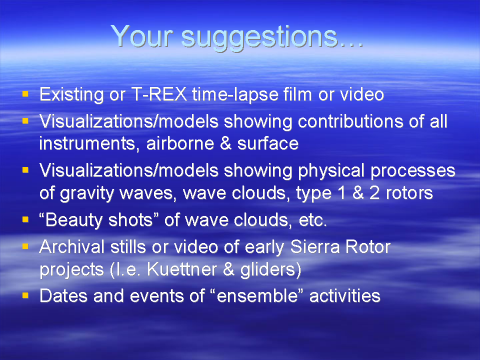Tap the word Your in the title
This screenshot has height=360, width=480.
click(142, 36)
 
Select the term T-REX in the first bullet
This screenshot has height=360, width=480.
click(159, 94)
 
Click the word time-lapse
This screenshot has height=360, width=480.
click(235, 95)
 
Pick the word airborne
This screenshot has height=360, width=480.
click(180, 143)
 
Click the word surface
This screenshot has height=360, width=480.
click(268, 143)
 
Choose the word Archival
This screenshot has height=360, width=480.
click(72, 246)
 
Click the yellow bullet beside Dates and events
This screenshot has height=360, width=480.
click(25, 295)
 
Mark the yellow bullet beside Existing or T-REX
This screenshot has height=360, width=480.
click(25, 93)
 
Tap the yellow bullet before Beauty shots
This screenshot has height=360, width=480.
click(25, 219)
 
